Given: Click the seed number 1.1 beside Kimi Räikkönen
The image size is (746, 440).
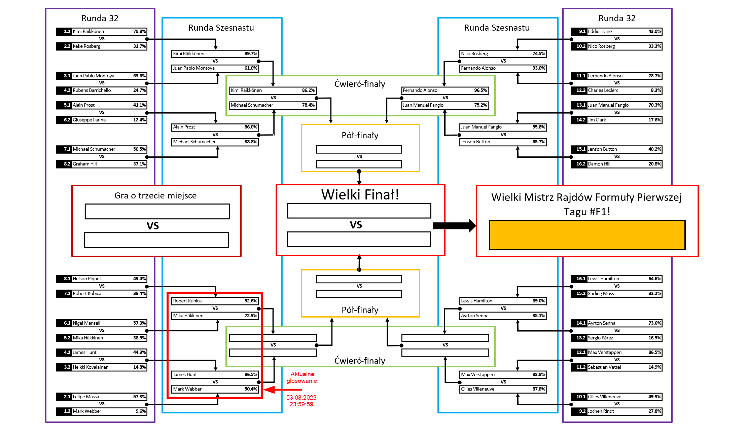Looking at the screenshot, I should click(x=67, y=32).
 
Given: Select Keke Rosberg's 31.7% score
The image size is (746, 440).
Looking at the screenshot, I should click(x=139, y=46).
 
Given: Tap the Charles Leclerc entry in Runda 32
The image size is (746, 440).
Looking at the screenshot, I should click(x=603, y=90).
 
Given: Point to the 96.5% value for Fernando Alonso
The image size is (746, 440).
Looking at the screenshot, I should click(x=480, y=90).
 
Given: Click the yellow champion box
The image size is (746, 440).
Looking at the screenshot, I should click(x=587, y=235).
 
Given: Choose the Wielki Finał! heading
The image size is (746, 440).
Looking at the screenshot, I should click(x=360, y=194).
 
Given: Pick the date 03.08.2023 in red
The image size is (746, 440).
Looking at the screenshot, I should click(x=301, y=397).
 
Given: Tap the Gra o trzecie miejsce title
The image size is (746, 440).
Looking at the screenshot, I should click(x=155, y=196).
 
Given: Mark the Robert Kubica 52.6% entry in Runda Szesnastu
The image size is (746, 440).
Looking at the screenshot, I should click(x=215, y=301).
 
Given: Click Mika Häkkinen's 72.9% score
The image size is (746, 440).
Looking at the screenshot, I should click(x=251, y=316).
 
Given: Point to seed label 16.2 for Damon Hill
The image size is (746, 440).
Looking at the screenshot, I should click(x=581, y=164).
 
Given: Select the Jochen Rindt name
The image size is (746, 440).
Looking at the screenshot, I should click(x=601, y=411).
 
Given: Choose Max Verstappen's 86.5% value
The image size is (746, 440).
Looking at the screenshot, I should click(x=654, y=353).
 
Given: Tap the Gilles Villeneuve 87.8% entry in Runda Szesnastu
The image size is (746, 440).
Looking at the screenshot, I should click(x=503, y=389).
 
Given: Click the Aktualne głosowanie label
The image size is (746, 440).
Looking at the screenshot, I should click(x=302, y=377).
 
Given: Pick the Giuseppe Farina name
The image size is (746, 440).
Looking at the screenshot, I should click(x=89, y=120).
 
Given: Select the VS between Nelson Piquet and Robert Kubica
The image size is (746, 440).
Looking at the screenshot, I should click(x=102, y=286).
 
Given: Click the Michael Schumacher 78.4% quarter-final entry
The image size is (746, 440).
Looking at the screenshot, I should click(x=273, y=105).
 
